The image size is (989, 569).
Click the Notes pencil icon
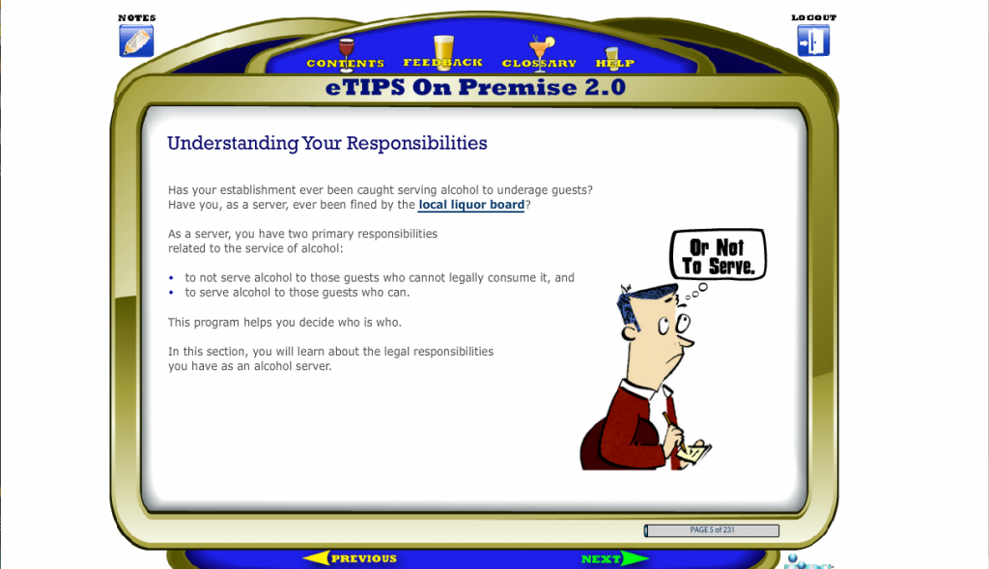136,41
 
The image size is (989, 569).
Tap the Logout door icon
813,41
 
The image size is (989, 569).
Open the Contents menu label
345,63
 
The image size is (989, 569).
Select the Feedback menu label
442,63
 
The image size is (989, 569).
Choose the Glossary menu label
539,63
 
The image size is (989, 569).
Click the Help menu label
615,63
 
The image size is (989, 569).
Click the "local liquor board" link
471,205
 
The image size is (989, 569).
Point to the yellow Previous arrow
350,558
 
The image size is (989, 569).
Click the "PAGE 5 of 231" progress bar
712,530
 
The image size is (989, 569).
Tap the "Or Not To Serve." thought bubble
718,255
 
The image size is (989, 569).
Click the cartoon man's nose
688,341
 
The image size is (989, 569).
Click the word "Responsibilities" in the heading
416,143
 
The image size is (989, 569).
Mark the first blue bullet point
171,277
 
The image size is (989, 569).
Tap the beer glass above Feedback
443,50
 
